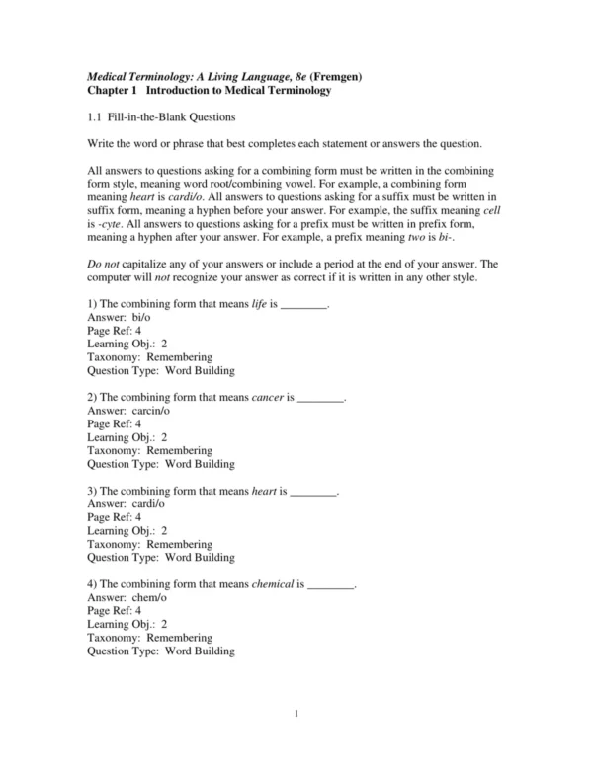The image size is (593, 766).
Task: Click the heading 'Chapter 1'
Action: (x=112, y=90)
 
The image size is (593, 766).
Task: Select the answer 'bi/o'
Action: (x=147, y=318)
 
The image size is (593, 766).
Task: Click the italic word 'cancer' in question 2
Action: (x=268, y=397)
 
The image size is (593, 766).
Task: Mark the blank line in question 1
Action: (x=304, y=305)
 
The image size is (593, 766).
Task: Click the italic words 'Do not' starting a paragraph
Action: (x=103, y=265)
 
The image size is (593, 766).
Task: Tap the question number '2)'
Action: (x=93, y=397)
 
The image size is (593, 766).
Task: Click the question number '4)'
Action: (x=93, y=583)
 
